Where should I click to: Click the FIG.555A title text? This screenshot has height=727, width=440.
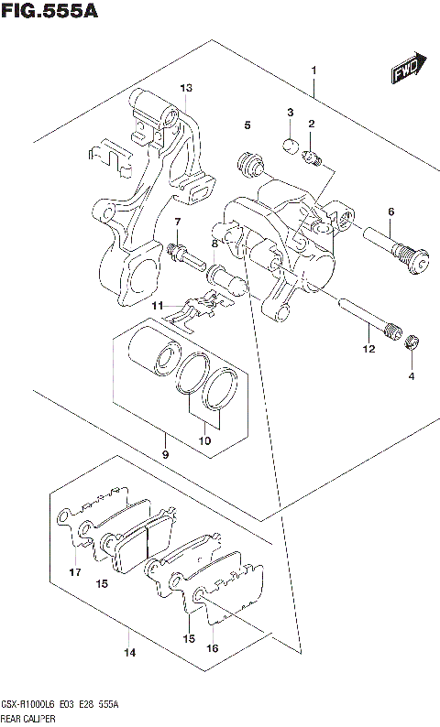[49, 12]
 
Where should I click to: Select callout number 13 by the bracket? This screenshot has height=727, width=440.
[186, 88]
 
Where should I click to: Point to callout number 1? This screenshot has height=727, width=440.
[313, 71]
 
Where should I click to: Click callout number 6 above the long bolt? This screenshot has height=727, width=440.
[390, 212]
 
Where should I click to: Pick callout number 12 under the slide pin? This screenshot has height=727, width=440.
[368, 348]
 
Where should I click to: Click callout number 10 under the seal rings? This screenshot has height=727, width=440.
[205, 441]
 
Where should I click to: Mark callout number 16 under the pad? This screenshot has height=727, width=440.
[213, 647]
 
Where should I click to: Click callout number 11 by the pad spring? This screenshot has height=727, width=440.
[157, 305]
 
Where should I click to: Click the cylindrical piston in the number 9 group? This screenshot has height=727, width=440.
[149, 354]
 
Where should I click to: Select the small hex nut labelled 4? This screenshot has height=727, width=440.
[412, 343]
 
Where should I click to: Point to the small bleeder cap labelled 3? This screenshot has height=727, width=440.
[287, 143]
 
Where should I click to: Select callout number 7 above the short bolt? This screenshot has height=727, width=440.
[178, 222]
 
